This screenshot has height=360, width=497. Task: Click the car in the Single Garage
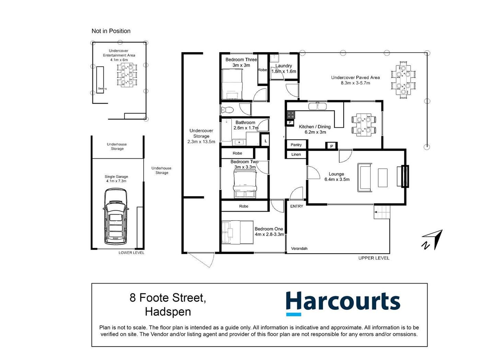tap(116, 217)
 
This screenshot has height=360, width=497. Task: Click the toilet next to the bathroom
tap(227, 110)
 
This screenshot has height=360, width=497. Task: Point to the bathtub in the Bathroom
tap(226, 130)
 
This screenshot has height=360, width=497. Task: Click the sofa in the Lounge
tap(364, 178)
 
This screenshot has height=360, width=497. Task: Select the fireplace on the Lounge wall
tap(405, 176)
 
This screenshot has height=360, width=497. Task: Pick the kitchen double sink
tap(318, 106)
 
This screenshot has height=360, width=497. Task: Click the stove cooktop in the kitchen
tap(290, 115)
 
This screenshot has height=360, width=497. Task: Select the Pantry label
tap(296, 145)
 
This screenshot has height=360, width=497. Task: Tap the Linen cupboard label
tap(296, 155)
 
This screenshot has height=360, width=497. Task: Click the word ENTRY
tap(297, 206)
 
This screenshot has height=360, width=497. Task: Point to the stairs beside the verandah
tap(382, 212)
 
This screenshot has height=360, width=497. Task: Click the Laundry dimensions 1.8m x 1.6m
tap(284, 71)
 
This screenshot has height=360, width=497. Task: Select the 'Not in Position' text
tap(111, 31)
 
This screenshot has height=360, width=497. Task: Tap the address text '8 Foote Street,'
tap(167, 297)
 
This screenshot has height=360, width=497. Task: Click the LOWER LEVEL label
tap(131, 253)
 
